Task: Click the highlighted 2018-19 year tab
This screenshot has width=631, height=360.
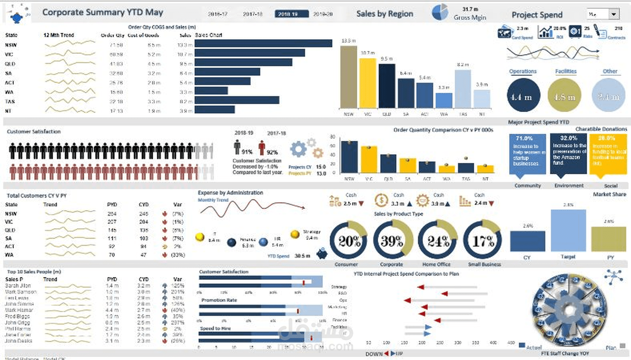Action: tap(291, 14)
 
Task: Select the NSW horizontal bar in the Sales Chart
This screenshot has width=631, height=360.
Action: tap(263, 44)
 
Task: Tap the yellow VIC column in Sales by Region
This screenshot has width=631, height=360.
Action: tap(368, 83)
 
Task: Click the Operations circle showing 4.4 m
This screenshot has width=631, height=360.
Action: tap(523, 95)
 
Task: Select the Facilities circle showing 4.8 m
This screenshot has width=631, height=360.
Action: tap(564, 95)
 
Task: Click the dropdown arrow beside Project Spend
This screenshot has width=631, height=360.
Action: tap(614, 14)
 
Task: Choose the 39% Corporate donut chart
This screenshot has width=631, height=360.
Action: tap(392, 240)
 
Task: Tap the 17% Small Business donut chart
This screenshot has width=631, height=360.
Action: tap(483, 240)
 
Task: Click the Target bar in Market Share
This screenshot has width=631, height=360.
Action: tap(568, 230)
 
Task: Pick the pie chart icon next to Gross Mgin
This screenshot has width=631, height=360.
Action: tap(440, 12)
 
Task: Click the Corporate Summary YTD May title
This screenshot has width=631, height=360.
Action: tap(103, 12)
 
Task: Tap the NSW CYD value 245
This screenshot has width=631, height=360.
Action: tap(144, 214)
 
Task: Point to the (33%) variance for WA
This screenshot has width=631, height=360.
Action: tap(178, 255)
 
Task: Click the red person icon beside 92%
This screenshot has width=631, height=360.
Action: tap(262, 147)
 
